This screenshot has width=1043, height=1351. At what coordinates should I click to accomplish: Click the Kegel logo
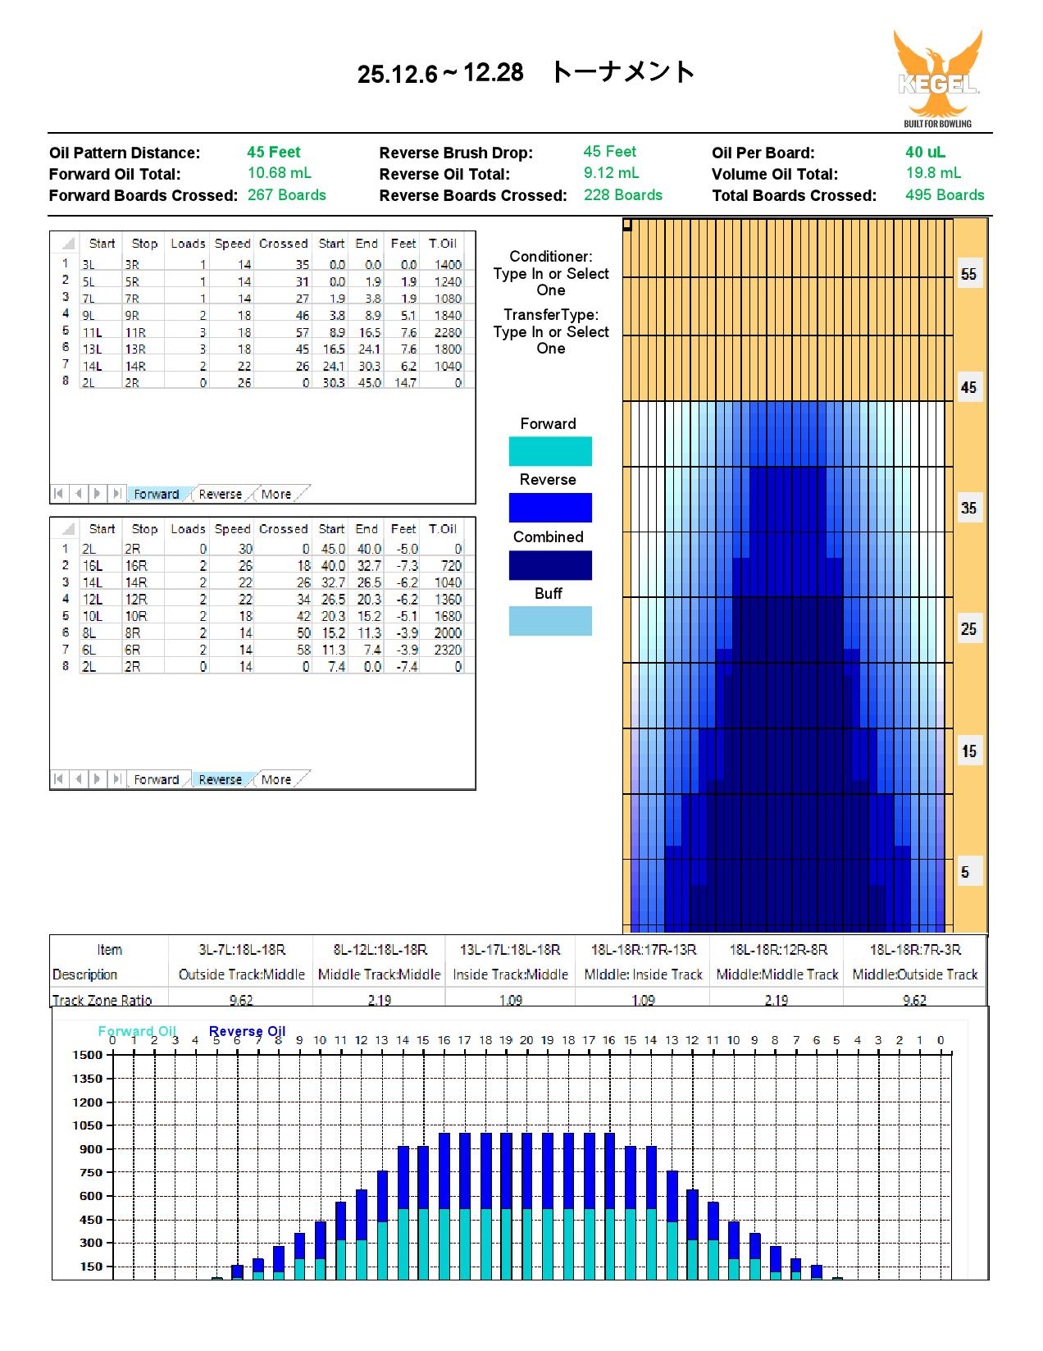pyautogui.click(x=937, y=79)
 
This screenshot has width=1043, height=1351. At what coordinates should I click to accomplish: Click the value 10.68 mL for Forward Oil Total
pyautogui.click(x=279, y=173)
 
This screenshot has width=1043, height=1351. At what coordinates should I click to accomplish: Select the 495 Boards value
pyautogui.click(x=945, y=195)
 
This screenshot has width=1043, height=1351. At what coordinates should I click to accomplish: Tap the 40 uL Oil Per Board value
pyautogui.click(x=925, y=152)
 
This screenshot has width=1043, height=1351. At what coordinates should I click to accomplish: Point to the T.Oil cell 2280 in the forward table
pyautogui.click(x=448, y=332)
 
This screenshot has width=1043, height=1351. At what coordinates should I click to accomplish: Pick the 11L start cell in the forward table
pyautogui.click(x=92, y=332)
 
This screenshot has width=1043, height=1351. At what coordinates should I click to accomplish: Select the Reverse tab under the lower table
pyautogui.click(x=220, y=779)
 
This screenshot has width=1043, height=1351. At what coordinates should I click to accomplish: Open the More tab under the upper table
pyautogui.click(x=276, y=494)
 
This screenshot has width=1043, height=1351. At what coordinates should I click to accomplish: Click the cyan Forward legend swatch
pyautogui.click(x=550, y=451)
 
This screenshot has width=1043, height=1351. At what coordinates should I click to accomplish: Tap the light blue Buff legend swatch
pyautogui.click(x=550, y=621)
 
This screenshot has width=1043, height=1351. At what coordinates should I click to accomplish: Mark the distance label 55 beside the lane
pyautogui.click(x=968, y=274)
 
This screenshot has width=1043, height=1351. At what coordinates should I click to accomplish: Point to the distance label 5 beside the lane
pyautogui.click(x=965, y=872)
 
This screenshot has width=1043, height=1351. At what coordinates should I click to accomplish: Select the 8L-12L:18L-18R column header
pyautogui.click(x=380, y=950)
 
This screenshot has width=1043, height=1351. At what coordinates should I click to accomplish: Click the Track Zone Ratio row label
pyautogui.click(x=102, y=1000)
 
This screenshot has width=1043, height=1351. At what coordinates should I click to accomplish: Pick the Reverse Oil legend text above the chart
pyautogui.click(x=247, y=1031)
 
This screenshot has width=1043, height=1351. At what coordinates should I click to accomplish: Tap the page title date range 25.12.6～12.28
pyautogui.click(x=440, y=73)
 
